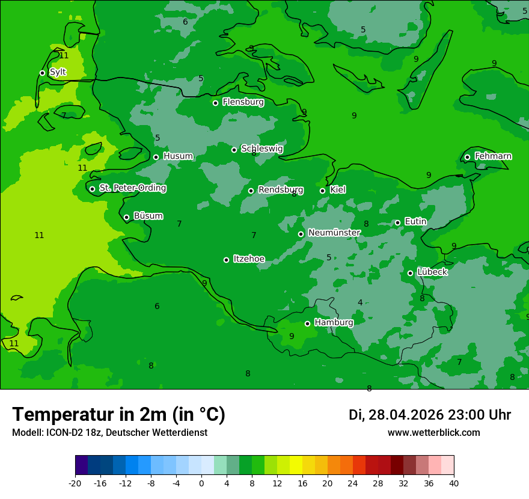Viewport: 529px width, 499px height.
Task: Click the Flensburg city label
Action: click(243, 102)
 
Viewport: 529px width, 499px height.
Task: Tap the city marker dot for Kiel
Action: click(322, 191)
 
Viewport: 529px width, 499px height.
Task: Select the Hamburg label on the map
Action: click(334, 322)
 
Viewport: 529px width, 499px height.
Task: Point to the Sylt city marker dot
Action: click(42, 73)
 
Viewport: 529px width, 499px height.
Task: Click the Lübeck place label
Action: click(432, 272)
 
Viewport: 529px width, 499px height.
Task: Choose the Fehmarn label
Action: click(493, 156)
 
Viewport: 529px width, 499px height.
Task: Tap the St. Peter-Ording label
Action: click(132, 188)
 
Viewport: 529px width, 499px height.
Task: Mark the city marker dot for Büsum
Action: click(126, 217)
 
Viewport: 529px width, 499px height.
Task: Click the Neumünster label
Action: click(334, 233)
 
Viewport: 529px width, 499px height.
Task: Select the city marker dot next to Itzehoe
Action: click(226, 260)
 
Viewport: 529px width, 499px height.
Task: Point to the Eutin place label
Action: click(415, 222)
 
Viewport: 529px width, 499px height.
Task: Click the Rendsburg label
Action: click(280, 190)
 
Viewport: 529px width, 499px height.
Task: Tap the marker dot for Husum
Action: click(156, 157)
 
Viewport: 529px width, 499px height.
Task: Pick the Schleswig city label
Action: click(261, 148)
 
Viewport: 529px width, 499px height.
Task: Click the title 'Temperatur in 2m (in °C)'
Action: click(118, 414)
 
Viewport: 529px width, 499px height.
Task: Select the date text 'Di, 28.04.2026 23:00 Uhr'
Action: click(430, 415)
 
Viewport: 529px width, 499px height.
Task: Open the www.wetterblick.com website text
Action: click(433, 433)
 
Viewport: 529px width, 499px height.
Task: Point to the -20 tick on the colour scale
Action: click(75, 483)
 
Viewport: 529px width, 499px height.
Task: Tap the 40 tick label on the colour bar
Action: click(454, 483)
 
